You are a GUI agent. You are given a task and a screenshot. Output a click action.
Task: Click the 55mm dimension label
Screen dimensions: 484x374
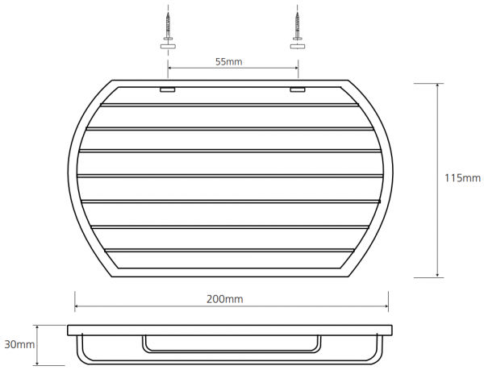pyautogui.click(x=229, y=62)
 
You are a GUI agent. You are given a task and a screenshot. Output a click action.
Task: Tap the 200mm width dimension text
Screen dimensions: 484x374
pyautogui.click(x=225, y=299)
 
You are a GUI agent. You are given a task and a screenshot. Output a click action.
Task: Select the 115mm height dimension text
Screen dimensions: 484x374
pyautogui.click(x=462, y=178)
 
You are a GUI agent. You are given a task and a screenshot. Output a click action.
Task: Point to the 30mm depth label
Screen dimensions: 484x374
pyautogui.click(x=19, y=344)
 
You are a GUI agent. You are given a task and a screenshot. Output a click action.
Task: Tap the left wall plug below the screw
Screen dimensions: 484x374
pyautogui.click(x=168, y=47)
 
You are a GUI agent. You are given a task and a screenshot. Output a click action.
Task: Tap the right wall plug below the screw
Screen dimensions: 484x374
pyautogui.click(x=297, y=47)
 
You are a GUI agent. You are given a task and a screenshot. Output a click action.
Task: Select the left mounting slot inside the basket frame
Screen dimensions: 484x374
pyautogui.click(x=167, y=89)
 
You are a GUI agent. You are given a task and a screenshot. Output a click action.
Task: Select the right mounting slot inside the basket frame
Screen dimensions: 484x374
pyautogui.click(x=297, y=89)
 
